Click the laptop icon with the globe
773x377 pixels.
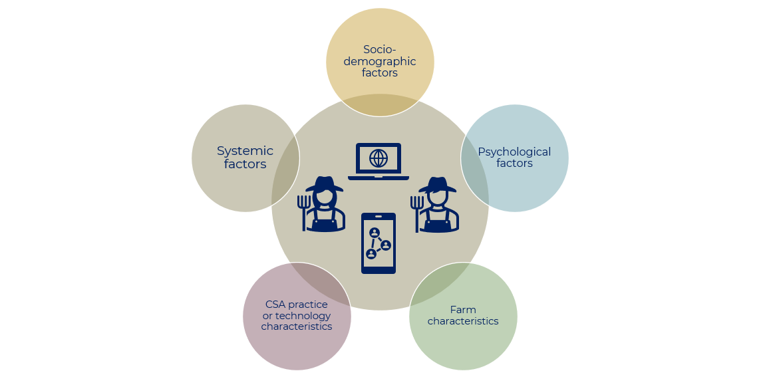379,162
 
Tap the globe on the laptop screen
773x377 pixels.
379,158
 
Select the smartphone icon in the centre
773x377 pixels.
379,243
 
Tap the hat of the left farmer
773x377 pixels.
325,184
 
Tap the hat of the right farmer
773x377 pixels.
438,184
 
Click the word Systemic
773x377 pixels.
245,151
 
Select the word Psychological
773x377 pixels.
514,152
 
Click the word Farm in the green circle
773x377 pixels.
463,310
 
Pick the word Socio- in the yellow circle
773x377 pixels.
380,49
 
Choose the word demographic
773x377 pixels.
380,61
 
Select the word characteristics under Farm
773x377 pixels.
463,321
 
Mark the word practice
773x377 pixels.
308,305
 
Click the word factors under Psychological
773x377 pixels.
514,164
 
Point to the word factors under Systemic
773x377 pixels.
245,164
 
